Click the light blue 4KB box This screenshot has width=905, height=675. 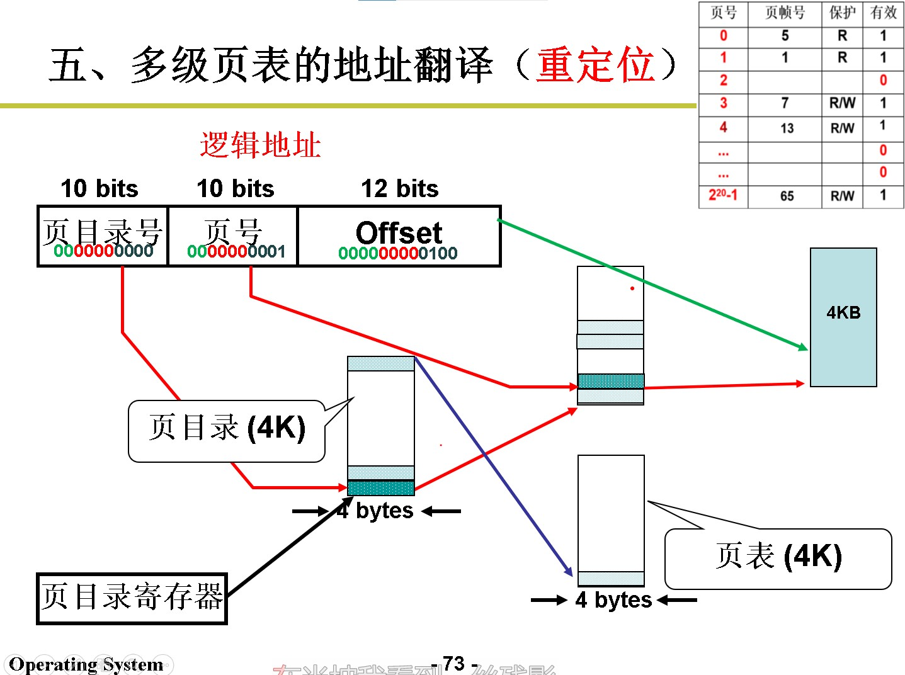[x=843, y=317]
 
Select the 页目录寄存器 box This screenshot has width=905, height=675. [x=132, y=598]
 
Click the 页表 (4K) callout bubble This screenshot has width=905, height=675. [x=778, y=558]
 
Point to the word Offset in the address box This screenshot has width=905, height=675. [x=399, y=232]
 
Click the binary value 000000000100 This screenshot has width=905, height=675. [x=397, y=253]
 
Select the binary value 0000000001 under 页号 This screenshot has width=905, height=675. [x=236, y=252]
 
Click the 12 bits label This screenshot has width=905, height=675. [x=399, y=188]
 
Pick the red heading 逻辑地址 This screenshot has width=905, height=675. [x=260, y=145]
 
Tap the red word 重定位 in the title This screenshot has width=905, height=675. [x=595, y=65]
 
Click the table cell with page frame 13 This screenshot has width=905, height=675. [x=787, y=128]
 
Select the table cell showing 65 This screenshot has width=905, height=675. [x=787, y=196]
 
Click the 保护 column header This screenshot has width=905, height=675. [x=842, y=13]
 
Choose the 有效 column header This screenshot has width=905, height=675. [x=883, y=13]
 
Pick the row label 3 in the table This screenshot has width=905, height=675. [x=723, y=103]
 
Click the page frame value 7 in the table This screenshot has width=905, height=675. [x=785, y=103]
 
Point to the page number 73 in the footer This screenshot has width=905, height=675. [x=453, y=663]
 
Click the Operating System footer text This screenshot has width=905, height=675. [x=86, y=664]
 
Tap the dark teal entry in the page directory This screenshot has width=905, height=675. [x=381, y=488]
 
